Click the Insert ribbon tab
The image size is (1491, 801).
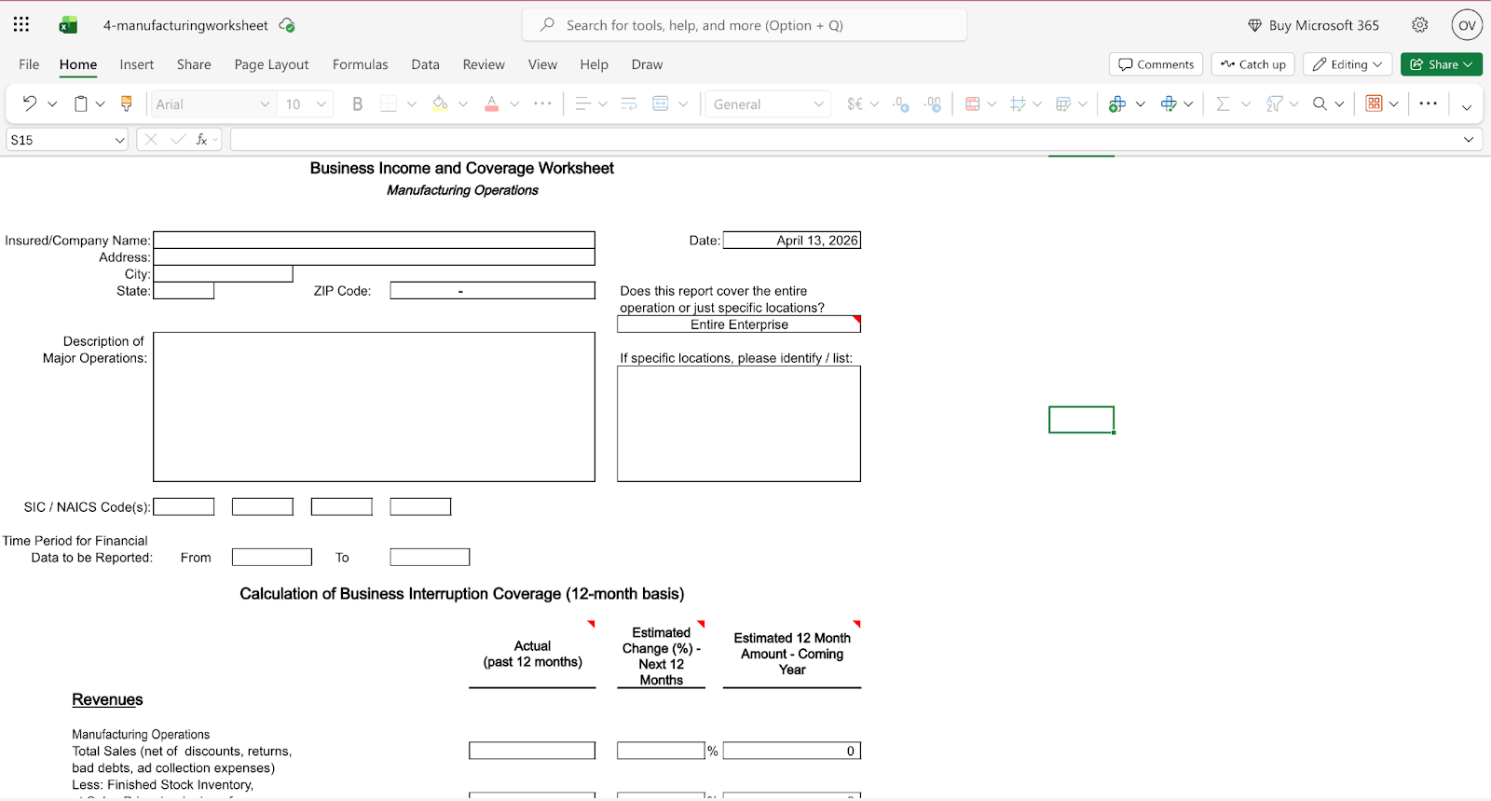(x=136, y=64)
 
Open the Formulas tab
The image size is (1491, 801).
(x=360, y=64)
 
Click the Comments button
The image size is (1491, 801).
(x=1156, y=64)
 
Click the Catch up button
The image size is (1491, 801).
(x=1252, y=64)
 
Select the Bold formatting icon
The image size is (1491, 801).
(x=357, y=104)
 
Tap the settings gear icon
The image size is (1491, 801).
(x=1419, y=25)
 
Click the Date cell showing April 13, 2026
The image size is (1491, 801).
(x=791, y=241)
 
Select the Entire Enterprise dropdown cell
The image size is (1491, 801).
(x=738, y=325)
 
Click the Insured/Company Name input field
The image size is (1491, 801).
(x=374, y=241)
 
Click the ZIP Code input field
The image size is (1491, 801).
(x=492, y=291)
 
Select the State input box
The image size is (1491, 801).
(x=184, y=291)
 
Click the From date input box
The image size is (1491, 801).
(x=271, y=558)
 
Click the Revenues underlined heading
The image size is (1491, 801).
(x=107, y=700)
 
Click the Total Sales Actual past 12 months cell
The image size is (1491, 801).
(x=531, y=751)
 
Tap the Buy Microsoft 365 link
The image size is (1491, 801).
(x=1313, y=25)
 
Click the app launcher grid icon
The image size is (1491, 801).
(x=21, y=25)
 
